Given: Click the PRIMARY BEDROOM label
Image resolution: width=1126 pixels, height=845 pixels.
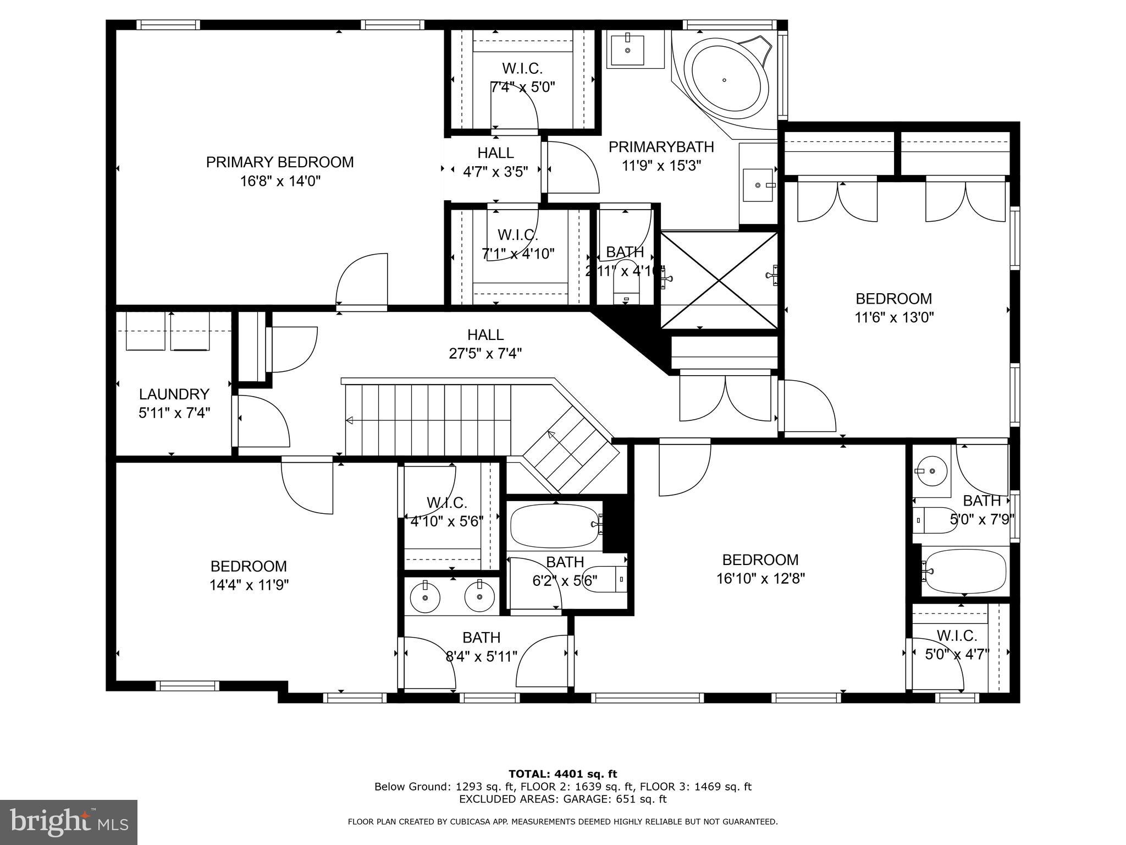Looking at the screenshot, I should (279, 162).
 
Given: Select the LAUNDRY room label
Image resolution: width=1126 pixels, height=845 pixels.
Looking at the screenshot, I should (174, 394).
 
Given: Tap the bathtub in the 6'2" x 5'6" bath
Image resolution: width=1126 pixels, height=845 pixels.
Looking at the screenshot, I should (554, 525).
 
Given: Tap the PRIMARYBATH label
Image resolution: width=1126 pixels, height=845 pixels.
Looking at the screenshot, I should (661, 147).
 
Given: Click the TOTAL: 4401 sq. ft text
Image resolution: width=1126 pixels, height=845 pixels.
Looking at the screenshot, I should (562, 775).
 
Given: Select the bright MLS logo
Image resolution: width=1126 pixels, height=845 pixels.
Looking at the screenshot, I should (69, 822).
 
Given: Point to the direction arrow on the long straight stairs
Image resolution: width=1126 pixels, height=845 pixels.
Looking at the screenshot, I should (350, 421).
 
